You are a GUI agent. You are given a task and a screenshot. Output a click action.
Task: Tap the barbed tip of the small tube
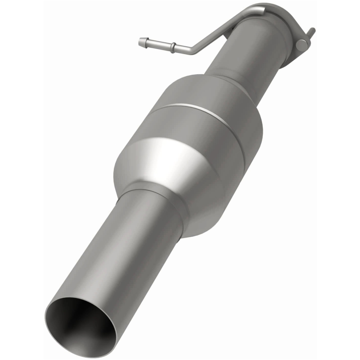point(143,42)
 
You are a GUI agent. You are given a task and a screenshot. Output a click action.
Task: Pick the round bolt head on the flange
point(302,44)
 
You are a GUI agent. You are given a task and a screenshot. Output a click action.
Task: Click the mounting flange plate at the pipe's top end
point(288,27)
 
